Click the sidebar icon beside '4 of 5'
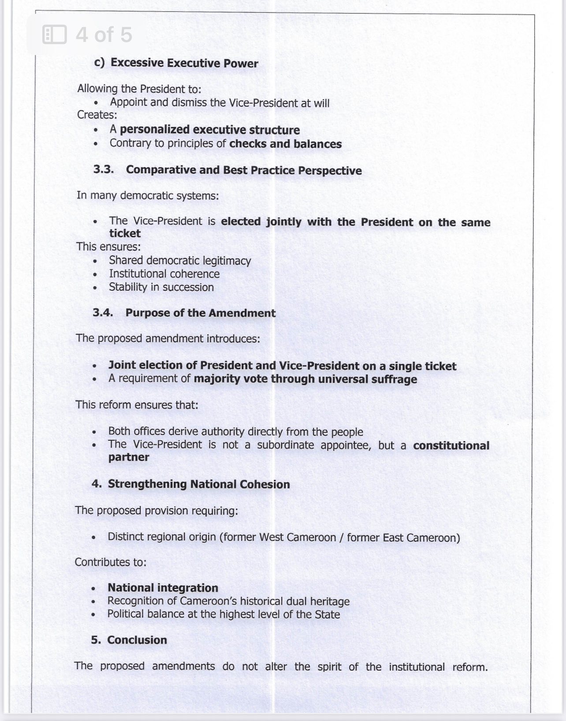[x=54, y=34]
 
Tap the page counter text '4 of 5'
[x=104, y=34]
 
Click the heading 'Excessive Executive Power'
[x=184, y=63]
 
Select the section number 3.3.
[x=104, y=170]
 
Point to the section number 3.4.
[x=103, y=313]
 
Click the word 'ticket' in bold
[x=125, y=233]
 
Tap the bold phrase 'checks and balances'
[x=285, y=144]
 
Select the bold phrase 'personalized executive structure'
[x=210, y=130]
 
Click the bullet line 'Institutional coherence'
[x=164, y=274]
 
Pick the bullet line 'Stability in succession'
[x=161, y=287]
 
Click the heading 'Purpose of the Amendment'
[x=200, y=313]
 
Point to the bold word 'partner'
[x=129, y=457]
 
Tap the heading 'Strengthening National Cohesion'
[x=199, y=484]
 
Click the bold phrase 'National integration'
[x=163, y=588]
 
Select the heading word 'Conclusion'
[x=137, y=640]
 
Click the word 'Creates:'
[x=97, y=115]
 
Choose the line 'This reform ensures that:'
[x=137, y=405]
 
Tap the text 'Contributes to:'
[x=110, y=562]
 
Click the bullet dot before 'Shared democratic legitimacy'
[x=95, y=261]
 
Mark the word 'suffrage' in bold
[x=395, y=379]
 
